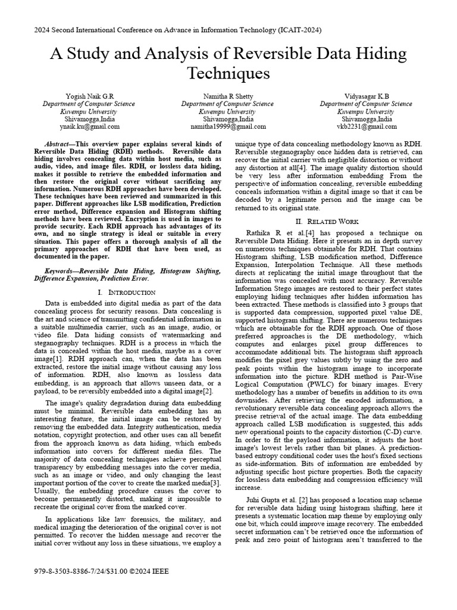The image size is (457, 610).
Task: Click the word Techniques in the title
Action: [228, 73]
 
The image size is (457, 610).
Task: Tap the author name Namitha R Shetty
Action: [228, 96]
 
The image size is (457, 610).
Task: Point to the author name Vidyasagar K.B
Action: [367, 96]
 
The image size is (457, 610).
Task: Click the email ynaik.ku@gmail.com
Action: [90, 126]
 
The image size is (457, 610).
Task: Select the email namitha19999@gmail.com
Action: [228, 126]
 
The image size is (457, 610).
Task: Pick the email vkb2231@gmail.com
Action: [367, 126]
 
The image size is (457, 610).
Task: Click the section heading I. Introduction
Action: [126, 292]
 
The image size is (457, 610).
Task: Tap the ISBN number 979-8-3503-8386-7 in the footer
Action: [67, 571]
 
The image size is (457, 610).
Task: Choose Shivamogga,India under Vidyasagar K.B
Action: [367, 119]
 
